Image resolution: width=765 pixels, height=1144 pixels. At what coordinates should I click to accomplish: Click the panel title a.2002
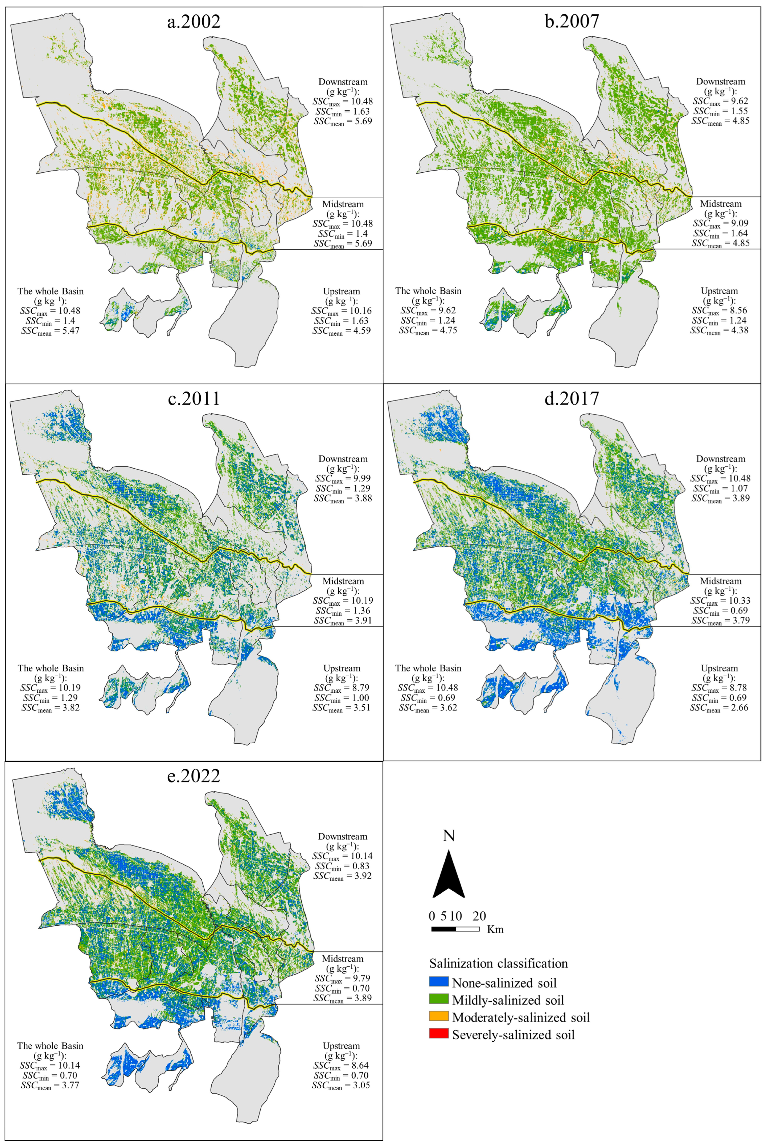[194, 22]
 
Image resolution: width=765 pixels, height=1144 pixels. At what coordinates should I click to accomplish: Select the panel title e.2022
[194, 776]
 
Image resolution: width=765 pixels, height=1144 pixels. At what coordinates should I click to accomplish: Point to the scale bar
[455, 929]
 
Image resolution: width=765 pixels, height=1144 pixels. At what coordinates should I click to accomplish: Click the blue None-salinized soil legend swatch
[439, 982]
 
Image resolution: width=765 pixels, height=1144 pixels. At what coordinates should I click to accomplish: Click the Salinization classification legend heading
[498, 963]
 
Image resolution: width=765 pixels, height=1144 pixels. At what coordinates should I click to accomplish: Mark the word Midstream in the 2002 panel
[343, 204]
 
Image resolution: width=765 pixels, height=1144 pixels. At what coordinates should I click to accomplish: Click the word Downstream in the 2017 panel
[721, 459]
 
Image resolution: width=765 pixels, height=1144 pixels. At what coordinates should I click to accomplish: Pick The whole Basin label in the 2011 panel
[51, 668]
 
